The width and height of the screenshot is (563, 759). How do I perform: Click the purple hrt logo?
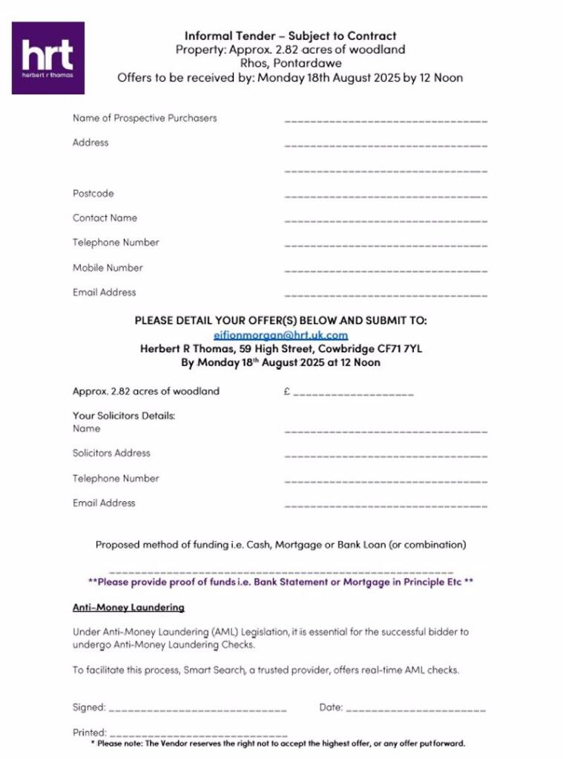click(48, 58)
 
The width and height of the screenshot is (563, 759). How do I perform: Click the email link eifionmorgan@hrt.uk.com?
click(280, 335)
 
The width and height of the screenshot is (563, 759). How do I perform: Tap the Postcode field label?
click(93, 193)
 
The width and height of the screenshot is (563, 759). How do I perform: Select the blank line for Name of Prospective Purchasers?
click(386, 119)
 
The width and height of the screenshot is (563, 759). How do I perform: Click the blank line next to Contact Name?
click(386, 220)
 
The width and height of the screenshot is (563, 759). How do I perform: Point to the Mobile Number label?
click(108, 268)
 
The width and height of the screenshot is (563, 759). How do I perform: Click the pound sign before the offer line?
click(286, 391)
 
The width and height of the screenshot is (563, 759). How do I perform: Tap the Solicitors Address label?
click(111, 453)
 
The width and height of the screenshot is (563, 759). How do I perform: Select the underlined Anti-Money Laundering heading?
click(128, 608)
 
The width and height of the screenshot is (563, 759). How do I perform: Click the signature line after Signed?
click(197, 709)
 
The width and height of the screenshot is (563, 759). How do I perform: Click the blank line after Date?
click(415, 709)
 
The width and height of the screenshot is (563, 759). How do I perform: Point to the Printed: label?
click(89, 732)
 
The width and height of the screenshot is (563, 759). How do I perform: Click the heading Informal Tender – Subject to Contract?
click(290, 36)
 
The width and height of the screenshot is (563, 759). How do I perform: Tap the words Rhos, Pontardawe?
click(291, 64)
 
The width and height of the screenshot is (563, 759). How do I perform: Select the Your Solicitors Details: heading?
click(124, 416)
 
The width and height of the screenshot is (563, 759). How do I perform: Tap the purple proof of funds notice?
click(280, 583)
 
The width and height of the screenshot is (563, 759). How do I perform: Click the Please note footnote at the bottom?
click(278, 743)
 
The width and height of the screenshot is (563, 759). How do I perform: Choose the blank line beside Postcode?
click(386, 196)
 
